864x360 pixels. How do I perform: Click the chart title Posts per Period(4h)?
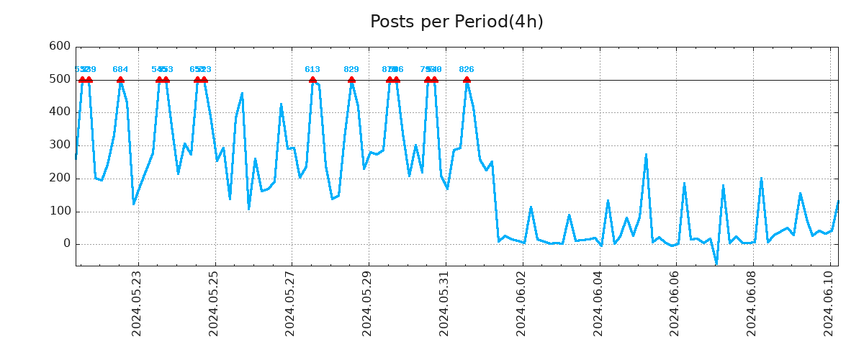click(456, 22)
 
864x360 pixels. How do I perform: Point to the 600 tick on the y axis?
click(59, 46)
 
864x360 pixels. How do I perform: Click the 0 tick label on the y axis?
click(66, 244)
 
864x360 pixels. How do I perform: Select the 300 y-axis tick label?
click(59, 145)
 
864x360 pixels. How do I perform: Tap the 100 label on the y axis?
click(59, 212)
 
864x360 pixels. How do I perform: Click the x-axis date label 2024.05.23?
click(137, 303)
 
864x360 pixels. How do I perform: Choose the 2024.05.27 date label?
click(290, 303)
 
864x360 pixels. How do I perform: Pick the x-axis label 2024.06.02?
click(521, 303)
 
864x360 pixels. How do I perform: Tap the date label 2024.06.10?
click(829, 303)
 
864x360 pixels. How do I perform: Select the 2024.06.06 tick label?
click(675, 303)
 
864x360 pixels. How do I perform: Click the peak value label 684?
click(120, 70)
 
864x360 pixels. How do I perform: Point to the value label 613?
click(312, 70)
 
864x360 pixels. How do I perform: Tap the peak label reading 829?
click(351, 70)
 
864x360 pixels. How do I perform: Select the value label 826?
click(467, 70)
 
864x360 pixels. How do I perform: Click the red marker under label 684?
click(120, 80)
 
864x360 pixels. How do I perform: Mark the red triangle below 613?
click(312, 80)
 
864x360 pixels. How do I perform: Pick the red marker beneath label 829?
click(351, 80)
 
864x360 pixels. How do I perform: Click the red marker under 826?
click(467, 80)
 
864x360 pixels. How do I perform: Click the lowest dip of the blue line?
click(716, 264)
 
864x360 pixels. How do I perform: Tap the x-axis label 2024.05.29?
click(367, 303)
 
